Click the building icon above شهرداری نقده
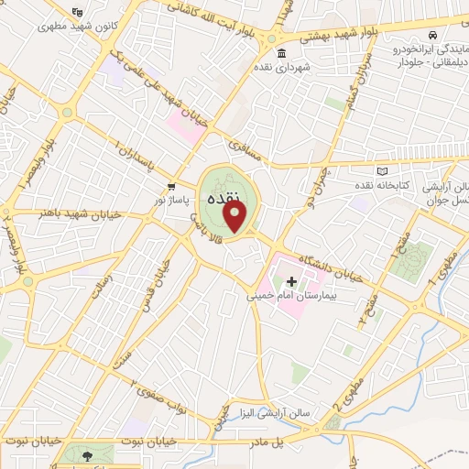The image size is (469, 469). click(281, 52)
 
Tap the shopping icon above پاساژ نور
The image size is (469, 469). click(171, 182)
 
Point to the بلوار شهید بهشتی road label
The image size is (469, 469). click(327, 34)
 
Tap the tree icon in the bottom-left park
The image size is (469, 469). click(87, 454)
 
